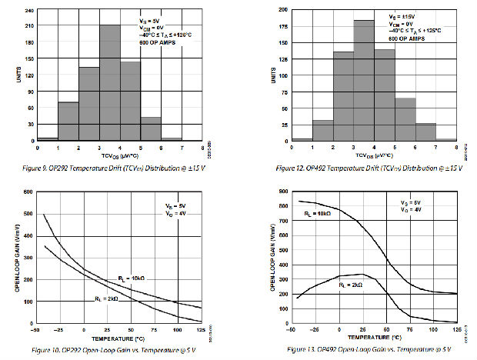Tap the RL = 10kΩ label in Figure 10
coord(132,278)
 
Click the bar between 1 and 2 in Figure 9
coord(68,120)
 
